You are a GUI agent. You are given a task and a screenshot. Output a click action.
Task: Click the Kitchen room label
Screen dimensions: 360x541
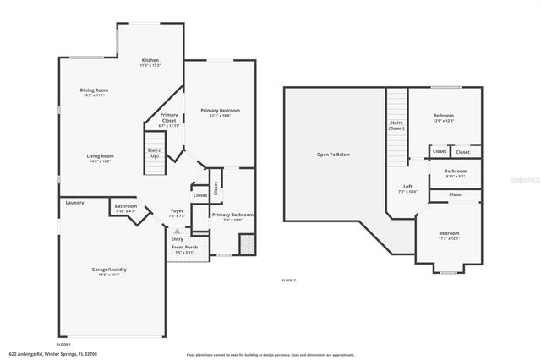coord(150,60)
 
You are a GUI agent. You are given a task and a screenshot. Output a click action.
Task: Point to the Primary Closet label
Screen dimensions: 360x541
coord(169,118)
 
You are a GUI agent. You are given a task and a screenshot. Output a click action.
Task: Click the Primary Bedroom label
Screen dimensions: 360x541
coord(221,111)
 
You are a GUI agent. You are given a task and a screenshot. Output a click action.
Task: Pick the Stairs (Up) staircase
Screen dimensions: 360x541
coord(154,154)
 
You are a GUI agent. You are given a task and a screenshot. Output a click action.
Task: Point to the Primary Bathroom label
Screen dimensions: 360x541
coord(232,215)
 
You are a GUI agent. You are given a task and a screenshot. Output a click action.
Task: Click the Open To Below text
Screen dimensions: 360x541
coord(333,155)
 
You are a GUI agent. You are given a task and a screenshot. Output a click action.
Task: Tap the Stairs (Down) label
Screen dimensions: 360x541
coord(396,126)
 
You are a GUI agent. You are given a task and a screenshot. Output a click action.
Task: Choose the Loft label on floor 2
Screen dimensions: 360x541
coord(407,186)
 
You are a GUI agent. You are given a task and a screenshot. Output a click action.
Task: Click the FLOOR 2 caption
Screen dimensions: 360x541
coord(289,280)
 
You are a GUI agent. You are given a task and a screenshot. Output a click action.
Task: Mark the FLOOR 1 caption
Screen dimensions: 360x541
coord(63,344)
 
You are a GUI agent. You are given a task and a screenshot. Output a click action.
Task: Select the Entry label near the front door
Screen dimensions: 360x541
coord(178,239)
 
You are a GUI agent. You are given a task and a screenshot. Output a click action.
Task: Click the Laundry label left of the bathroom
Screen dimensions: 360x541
coord(74,203)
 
